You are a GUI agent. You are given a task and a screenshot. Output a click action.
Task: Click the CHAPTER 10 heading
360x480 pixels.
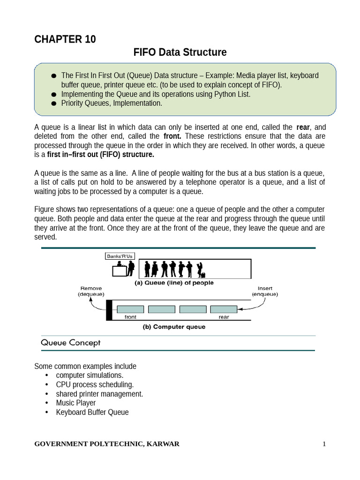pyautogui.click(x=65, y=39)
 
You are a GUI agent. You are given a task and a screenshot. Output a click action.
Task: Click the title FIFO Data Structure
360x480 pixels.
pyautogui.click(x=180, y=52)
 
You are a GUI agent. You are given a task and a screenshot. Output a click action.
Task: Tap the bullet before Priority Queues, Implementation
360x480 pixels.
pyautogui.click(x=53, y=104)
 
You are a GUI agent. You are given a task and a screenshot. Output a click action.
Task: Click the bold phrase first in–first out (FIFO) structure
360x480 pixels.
pyautogui.click(x=100, y=155)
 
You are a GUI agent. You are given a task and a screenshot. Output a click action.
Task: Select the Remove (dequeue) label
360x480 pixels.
pyautogui.click(x=91, y=291)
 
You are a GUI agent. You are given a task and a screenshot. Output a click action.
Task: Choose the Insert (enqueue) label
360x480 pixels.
pyautogui.click(x=265, y=291)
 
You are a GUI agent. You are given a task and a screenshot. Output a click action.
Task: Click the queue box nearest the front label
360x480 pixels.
pyautogui.click(x=130, y=309)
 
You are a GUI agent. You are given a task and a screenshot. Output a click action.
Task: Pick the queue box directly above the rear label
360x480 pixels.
pyautogui.click(x=224, y=309)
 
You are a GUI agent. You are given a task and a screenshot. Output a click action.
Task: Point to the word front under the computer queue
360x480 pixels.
pyautogui.click(x=130, y=317)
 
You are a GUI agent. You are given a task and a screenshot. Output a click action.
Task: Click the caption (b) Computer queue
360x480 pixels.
pyautogui.click(x=174, y=327)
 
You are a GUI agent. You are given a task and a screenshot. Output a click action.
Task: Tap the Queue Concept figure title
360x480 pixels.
pyautogui.click(x=71, y=343)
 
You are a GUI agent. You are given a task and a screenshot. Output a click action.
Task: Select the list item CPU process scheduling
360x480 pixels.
pyautogui.click(x=95, y=385)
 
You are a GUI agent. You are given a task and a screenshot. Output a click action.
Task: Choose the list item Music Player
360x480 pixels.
pyautogui.click(x=75, y=403)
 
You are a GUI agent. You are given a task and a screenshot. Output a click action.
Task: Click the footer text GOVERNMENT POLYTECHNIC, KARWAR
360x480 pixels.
pyautogui.click(x=107, y=444)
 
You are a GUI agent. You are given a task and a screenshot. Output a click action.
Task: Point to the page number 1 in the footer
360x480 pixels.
pyautogui.click(x=323, y=444)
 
